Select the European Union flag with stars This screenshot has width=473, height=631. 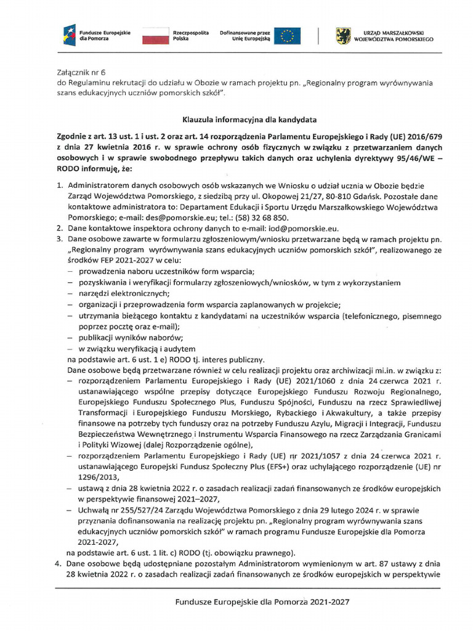287,35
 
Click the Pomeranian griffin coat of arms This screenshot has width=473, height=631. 344,35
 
